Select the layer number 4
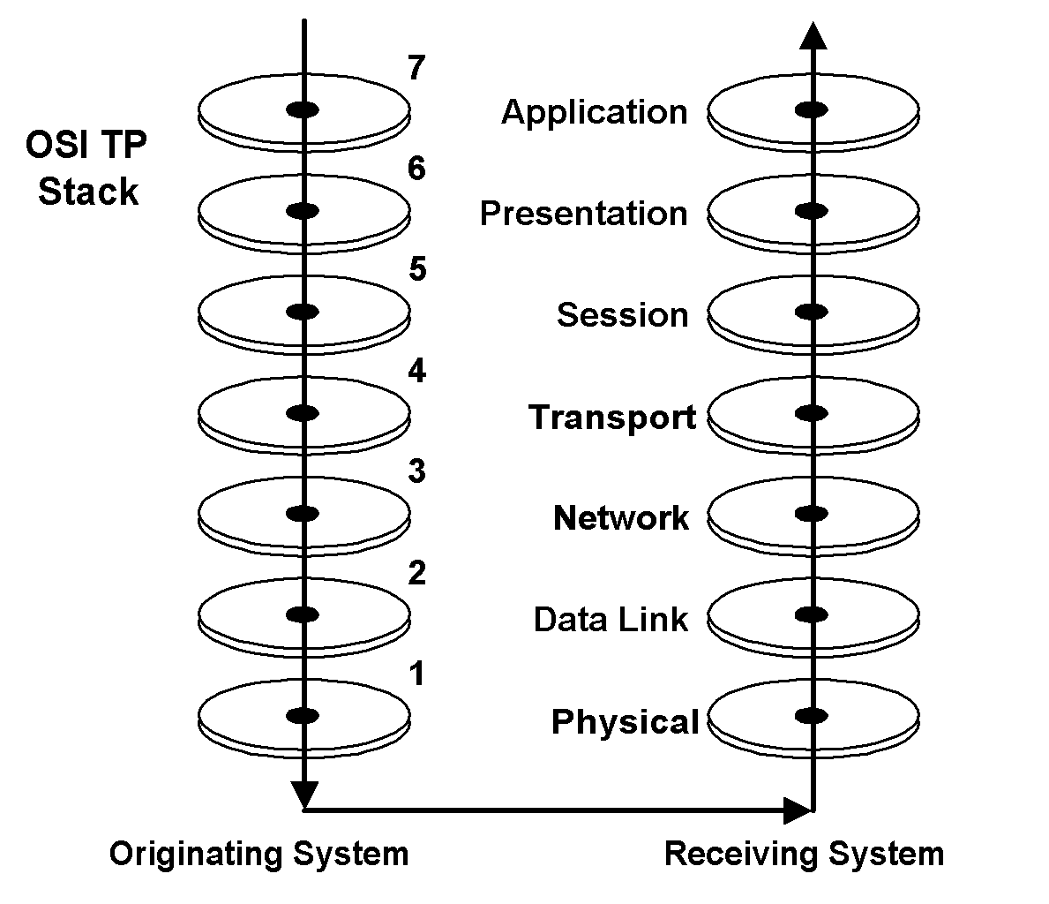416,373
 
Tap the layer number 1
416,675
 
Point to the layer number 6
416,169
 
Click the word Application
595,113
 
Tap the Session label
622,315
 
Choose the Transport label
612,417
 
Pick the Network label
620,518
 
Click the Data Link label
611,620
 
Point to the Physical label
625,721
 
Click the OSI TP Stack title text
86,169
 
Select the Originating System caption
259,854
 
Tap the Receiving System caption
804,854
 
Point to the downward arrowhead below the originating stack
303,793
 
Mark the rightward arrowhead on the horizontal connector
798,808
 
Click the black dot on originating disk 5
303,312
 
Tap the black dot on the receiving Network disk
812,514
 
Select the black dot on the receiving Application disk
812,109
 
